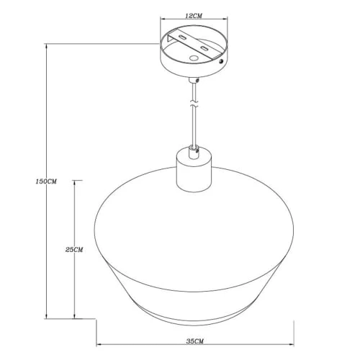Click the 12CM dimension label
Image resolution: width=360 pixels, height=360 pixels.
[194, 16]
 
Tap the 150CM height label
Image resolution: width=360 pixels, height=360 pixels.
[46, 181]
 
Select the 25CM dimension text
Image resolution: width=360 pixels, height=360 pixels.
[74, 250]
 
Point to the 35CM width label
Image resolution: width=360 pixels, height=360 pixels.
[195, 341]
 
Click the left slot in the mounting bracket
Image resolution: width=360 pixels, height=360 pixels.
[182, 37]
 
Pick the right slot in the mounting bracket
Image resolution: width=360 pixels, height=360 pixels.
[204, 48]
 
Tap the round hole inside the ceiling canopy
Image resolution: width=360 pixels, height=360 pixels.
[194, 58]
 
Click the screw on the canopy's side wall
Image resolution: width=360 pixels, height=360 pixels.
[221, 61]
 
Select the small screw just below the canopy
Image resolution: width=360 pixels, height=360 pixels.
[197, 81]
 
